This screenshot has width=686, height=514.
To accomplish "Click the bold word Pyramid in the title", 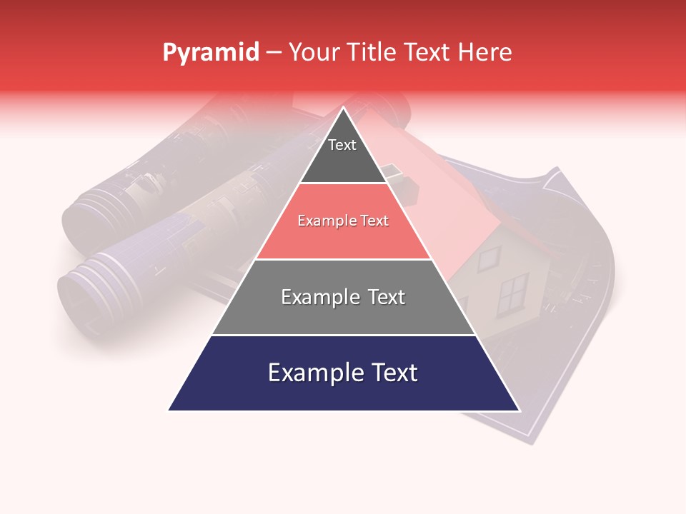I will pos(211,53).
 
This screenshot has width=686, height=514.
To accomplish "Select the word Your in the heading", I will pos(315,53).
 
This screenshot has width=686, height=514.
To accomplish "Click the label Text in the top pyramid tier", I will pos(342,146).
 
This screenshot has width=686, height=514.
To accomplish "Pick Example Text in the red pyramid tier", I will pos(343,221).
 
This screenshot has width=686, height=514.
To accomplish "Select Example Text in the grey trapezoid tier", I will pos(343,297).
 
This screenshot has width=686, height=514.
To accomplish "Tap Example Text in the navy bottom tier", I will pos(343,373).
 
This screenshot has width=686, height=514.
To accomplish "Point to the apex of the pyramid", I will pos(344,107).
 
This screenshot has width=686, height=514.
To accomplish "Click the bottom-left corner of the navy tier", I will pos(169,410).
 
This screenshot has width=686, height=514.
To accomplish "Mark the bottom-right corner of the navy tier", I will pos(520,410).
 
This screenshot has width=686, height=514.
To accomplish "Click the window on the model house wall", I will pos(512,293).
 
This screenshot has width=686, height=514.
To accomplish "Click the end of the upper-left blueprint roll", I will pos(80,221).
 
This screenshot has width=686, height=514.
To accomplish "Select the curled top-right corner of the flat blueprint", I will pos(554,176).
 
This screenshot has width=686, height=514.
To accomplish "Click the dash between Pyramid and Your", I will pos(274,53).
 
